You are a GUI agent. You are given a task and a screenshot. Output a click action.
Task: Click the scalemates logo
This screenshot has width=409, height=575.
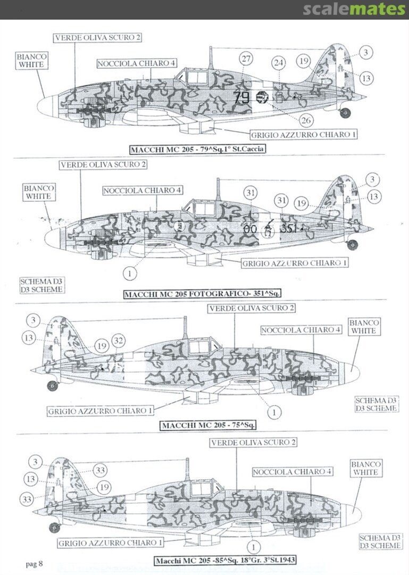[x=354, y=9]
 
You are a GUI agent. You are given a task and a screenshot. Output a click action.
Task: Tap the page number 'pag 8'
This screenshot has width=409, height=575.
[x=34, y=563]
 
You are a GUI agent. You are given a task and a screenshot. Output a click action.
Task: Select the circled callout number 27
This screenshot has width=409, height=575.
[x=246, y=59]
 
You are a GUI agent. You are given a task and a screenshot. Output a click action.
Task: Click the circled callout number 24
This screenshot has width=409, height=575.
[x=278, y=63]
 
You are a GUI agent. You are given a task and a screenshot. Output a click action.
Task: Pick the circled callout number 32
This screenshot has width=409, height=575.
[x=119, y=341]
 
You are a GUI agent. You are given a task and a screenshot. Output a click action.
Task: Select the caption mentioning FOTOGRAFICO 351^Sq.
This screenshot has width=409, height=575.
[x=203, y=294]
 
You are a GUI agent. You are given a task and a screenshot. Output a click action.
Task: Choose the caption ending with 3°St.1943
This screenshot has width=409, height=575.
[x=226, y=560]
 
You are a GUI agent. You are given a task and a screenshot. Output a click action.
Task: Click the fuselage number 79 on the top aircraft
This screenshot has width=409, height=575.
[x=241, y=97]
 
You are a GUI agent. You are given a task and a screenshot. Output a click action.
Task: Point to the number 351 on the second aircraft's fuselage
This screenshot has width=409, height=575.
[x=291, y=228]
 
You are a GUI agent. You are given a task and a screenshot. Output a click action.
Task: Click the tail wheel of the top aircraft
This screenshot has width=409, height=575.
[x=345, y=112]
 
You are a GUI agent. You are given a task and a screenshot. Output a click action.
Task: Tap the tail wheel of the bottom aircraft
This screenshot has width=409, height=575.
[x=54, y=527]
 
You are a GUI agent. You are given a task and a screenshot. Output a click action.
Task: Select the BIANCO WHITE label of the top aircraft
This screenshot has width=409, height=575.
[x=31, y=60]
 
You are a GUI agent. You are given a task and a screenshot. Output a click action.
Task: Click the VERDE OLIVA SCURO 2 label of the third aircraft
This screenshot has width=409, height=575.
[x=252, y=309]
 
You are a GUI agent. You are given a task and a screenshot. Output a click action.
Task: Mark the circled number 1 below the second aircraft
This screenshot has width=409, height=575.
[x=129, y=273]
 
